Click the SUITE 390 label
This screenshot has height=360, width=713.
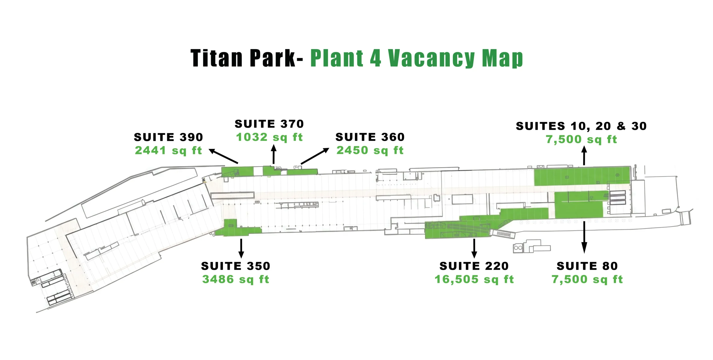(168, 137)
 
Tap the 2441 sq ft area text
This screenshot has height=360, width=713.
(168, 151)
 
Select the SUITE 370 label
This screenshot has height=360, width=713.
(269, 124)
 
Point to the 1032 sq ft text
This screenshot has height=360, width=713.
(269, 137)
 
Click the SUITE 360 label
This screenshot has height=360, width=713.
(370, 137)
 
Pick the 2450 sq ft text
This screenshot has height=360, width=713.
(370, 150)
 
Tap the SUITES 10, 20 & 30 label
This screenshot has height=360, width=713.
(581, 126)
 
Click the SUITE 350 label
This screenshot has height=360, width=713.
(236, 266)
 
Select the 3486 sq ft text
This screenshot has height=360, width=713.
(236, 279)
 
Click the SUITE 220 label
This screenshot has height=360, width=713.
(474, 266)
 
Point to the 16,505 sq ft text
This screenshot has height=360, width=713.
(474, 279)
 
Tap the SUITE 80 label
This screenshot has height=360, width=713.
(587, 266)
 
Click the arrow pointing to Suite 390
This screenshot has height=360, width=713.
(223, 156)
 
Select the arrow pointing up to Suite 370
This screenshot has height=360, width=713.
(274, 154)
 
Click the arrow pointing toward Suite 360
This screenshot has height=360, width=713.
(315, 156)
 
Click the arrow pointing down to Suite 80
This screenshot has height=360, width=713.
(584, 237)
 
